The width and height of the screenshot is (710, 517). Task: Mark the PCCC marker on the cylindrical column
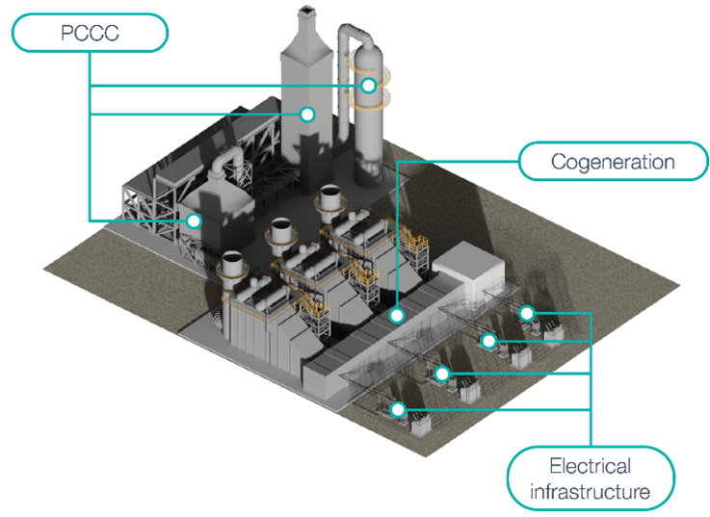368,86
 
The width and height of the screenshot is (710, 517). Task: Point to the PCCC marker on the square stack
306,115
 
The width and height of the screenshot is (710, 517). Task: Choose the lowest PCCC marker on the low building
194,220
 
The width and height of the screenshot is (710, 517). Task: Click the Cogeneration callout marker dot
396,314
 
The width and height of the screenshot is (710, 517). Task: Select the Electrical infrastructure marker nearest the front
397,409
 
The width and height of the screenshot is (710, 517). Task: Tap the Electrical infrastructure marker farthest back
526,313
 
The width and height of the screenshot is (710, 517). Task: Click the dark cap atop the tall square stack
307,12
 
